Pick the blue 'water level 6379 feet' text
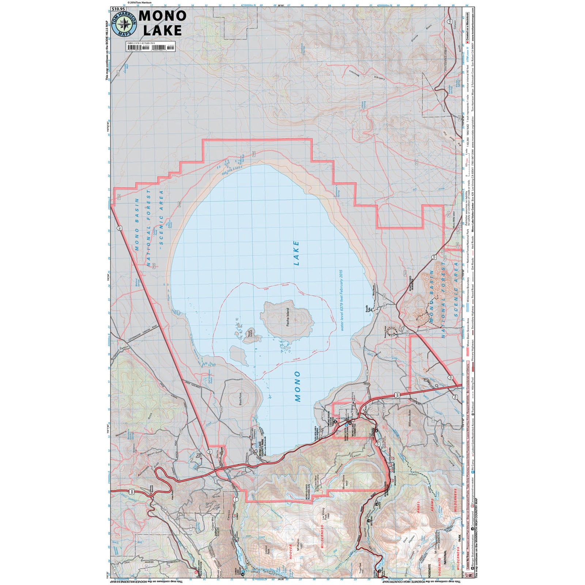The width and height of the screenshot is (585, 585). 342,300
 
